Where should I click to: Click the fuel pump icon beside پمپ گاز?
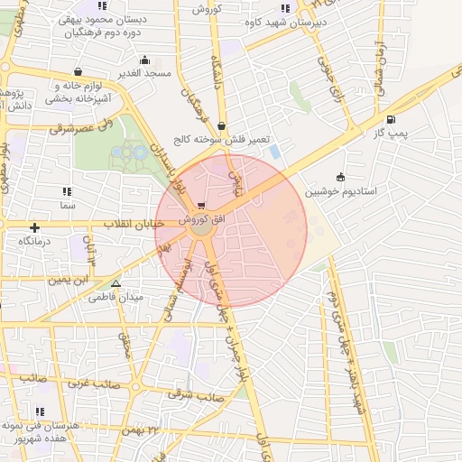(x=390, y=119)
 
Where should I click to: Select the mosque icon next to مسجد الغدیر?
(x=143, y=60)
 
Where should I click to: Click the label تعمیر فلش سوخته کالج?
(x=222, y=142)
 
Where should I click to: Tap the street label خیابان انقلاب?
(x=133, y=222)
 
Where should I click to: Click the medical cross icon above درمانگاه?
(x=35, y=227)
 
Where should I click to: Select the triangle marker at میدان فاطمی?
(x=115, y=283)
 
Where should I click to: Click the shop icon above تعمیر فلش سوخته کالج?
(x=222, y=127)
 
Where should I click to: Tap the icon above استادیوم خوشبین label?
(x=340, y=177)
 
